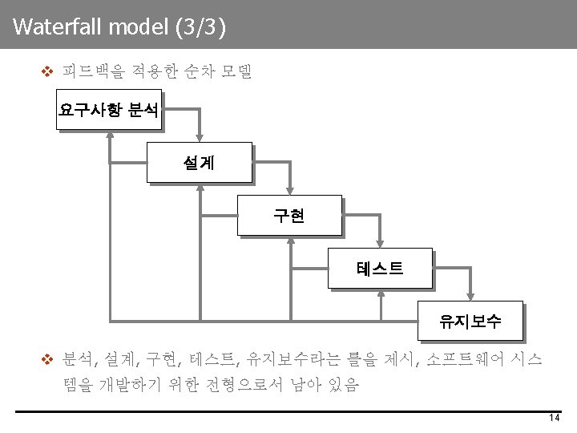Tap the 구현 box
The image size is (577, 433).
(288, 216)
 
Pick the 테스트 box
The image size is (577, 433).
(380, 269)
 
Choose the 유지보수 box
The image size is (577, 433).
(470, 322)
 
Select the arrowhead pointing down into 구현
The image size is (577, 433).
(290, 189)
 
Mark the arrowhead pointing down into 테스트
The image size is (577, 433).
(381, 242)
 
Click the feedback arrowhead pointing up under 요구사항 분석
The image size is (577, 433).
(109, 135)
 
